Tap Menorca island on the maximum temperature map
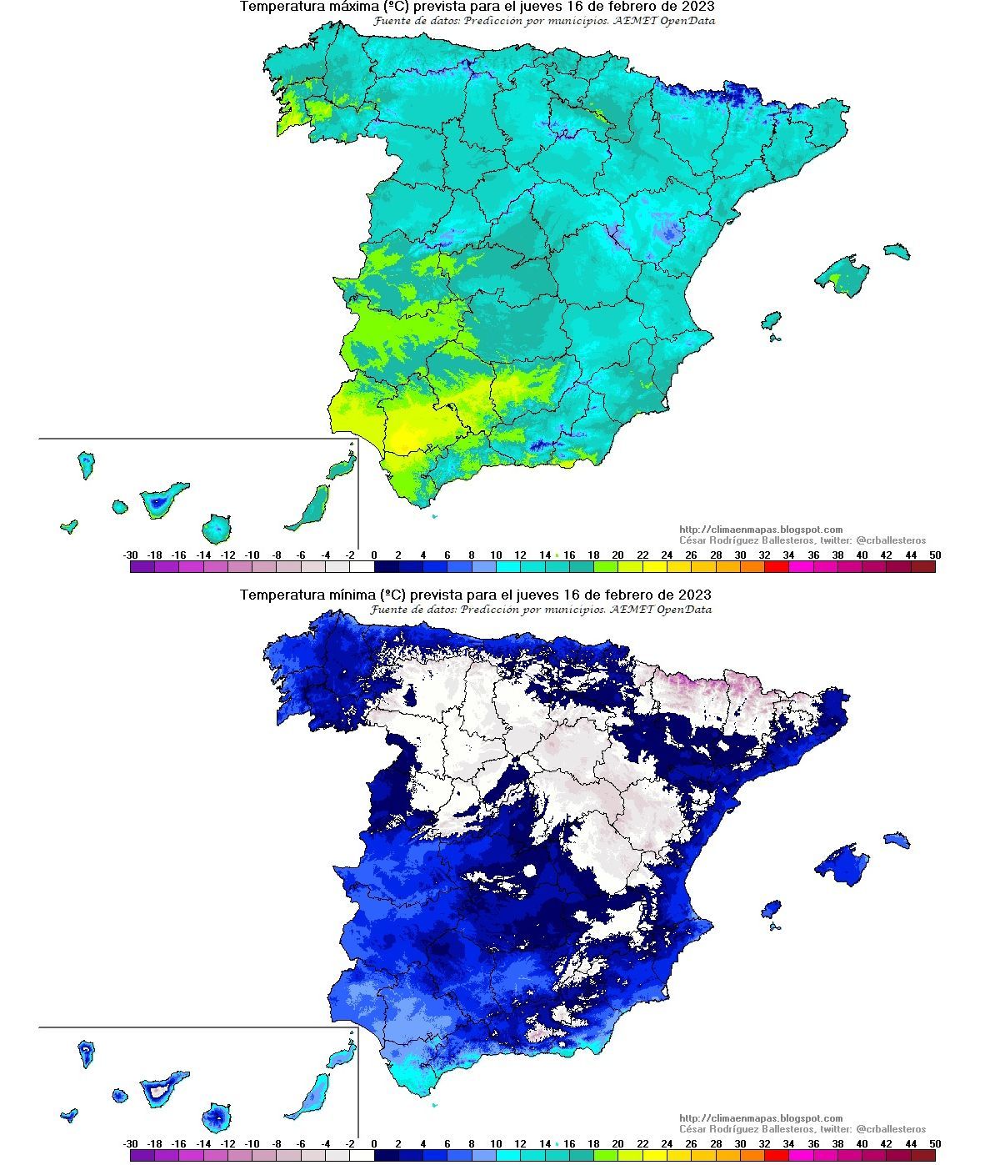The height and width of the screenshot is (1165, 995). [x=897, y=251]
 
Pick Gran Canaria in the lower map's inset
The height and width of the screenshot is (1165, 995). [x=217, y=1116]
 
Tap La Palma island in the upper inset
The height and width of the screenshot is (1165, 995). [x=86, y=464]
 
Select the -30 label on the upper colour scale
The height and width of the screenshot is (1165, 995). [x=130, y=555]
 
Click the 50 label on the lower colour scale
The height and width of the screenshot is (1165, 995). [x=935, y=1143]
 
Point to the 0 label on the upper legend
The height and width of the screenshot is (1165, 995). [x=374, y=555]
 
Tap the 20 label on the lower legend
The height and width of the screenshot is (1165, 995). [x=617, y=1143]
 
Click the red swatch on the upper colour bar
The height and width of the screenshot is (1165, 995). [x=776, y=567]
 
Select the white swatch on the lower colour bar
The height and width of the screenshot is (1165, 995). [x=362, y=1156]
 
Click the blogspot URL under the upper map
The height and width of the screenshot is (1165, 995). [x=761, y=530]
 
